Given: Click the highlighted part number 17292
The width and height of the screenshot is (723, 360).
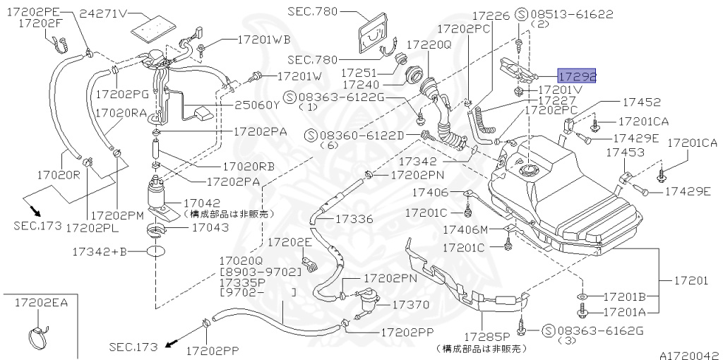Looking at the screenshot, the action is pos(577,76).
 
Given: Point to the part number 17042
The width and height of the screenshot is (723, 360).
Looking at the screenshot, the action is pos(205,201).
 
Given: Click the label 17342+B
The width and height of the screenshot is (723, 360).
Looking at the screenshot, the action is pos(99,251).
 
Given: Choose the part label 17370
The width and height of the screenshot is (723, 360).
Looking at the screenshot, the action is pos(410,304).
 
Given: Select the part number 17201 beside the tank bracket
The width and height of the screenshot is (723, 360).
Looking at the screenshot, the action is pos(690,280).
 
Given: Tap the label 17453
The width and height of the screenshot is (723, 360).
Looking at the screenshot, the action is pos(621,152).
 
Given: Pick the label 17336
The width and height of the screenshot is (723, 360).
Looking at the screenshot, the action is pos(354,219).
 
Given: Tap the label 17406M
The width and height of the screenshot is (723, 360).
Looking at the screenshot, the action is pos(465,229).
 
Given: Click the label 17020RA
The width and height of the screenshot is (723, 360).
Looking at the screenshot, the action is pos(121,112).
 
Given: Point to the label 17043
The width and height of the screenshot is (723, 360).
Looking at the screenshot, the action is pos(210,227).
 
